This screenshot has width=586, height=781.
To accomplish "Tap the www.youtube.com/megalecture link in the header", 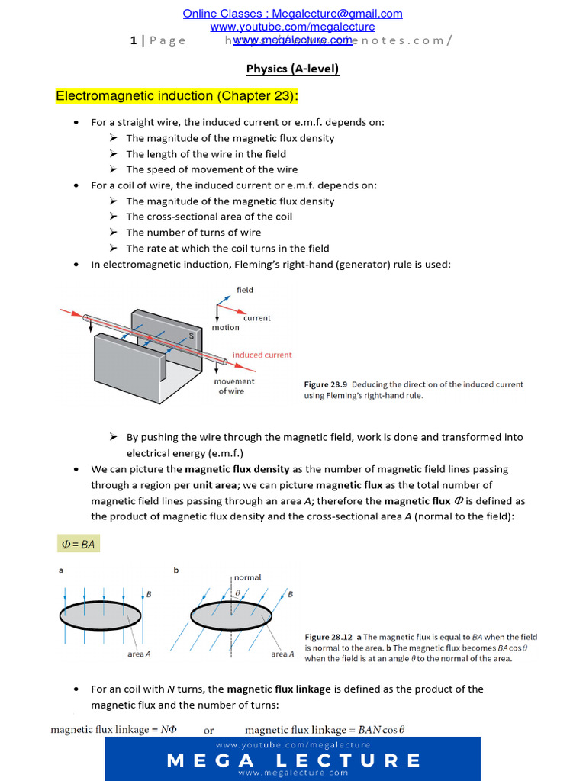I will click(x=292, y=27).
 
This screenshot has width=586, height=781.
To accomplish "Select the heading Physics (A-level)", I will click(x=292, y=69).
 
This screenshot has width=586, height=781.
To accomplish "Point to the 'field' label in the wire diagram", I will click(x=245, y=290).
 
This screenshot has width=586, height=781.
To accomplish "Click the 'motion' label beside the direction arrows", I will click(x=225, y=328).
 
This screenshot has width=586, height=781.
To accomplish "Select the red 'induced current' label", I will click(x=262, y=355).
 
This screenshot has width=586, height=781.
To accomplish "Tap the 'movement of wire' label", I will click(x=234, y=386).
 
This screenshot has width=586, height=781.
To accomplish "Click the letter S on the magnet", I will click(x=192, y=336).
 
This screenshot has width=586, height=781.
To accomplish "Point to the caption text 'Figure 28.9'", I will click(x=326, y=384).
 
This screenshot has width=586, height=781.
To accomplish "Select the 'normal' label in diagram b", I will click(x=247, y=577).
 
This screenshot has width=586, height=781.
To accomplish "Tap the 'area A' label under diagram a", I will click(x=139, y=654).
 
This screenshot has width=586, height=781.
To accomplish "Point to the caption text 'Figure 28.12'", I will click(x=328, y=637).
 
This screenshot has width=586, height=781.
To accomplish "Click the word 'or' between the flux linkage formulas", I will click(x=208, y=730).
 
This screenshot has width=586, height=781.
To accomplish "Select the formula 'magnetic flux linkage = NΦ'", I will click(x=114, y=730).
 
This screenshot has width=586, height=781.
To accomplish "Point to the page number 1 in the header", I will click(x=134, y=40).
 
